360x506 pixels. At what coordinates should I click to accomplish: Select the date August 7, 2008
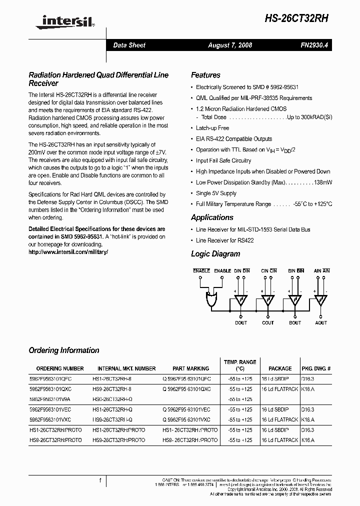[230, 45]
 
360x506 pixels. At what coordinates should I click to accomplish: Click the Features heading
[205, 75]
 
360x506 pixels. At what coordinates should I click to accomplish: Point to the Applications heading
[212, 217]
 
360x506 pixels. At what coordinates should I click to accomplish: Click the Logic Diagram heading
[215, 254]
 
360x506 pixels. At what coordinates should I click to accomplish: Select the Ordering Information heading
[64, 350]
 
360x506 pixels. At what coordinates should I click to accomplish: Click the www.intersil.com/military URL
[68, 252]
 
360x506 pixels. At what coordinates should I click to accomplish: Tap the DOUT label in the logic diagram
[241, 323]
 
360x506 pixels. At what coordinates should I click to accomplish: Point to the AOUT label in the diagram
[321, 323]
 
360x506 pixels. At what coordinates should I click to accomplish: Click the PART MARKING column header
[187, 368]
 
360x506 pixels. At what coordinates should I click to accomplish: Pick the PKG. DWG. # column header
[316, 368]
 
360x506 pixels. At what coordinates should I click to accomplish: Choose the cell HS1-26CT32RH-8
[112, 379]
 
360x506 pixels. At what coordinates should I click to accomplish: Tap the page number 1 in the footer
[100, 481]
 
